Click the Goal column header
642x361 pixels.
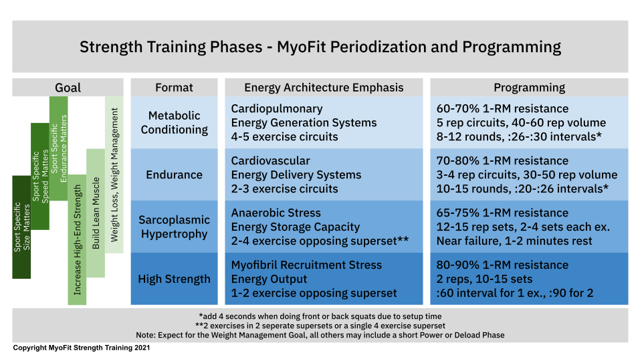pyautogui.click(x=68, y=88)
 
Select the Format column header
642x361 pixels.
pyautogui.click(x=174, y=88)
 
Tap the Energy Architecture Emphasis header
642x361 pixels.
pyautogui.click(x=324, y=88)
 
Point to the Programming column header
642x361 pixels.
pyautogui.click(x=529, y=88)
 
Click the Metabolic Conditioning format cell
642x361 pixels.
pyautogui.click(x=174, y=122)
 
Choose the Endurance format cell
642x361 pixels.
pyautogui.click(x=174, y=174)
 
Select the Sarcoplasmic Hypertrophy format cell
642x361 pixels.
pyautogui.click(x=174, y=227)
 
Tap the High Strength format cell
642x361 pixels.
pyautogui.click(x=174, y=279)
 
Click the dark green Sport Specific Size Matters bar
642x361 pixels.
pyautogui.click(x=21, y=227)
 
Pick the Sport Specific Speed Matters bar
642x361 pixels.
pyautogui.click(x=40, y=176)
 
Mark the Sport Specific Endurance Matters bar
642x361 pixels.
pyautogui.click(x=59, y=148)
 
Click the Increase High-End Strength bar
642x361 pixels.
pyautogui.click(x=77, y=240)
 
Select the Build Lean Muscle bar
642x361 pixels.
pyautogui.click(x=96, y=213)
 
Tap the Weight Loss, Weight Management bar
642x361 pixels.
pyautogui.click(x=114, y=174)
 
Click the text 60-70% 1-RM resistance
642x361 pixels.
pyautogui.click(x=502, y=108)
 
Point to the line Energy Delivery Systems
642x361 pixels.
pyautogui.click(x=296, y=174)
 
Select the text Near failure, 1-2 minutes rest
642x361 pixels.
pyautogui.click(x=514, y=241)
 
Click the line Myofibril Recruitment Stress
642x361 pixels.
pyautogui.click(x=306, y=265)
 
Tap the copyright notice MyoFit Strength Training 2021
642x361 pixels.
pyautogui.click(x=82, y=348)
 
